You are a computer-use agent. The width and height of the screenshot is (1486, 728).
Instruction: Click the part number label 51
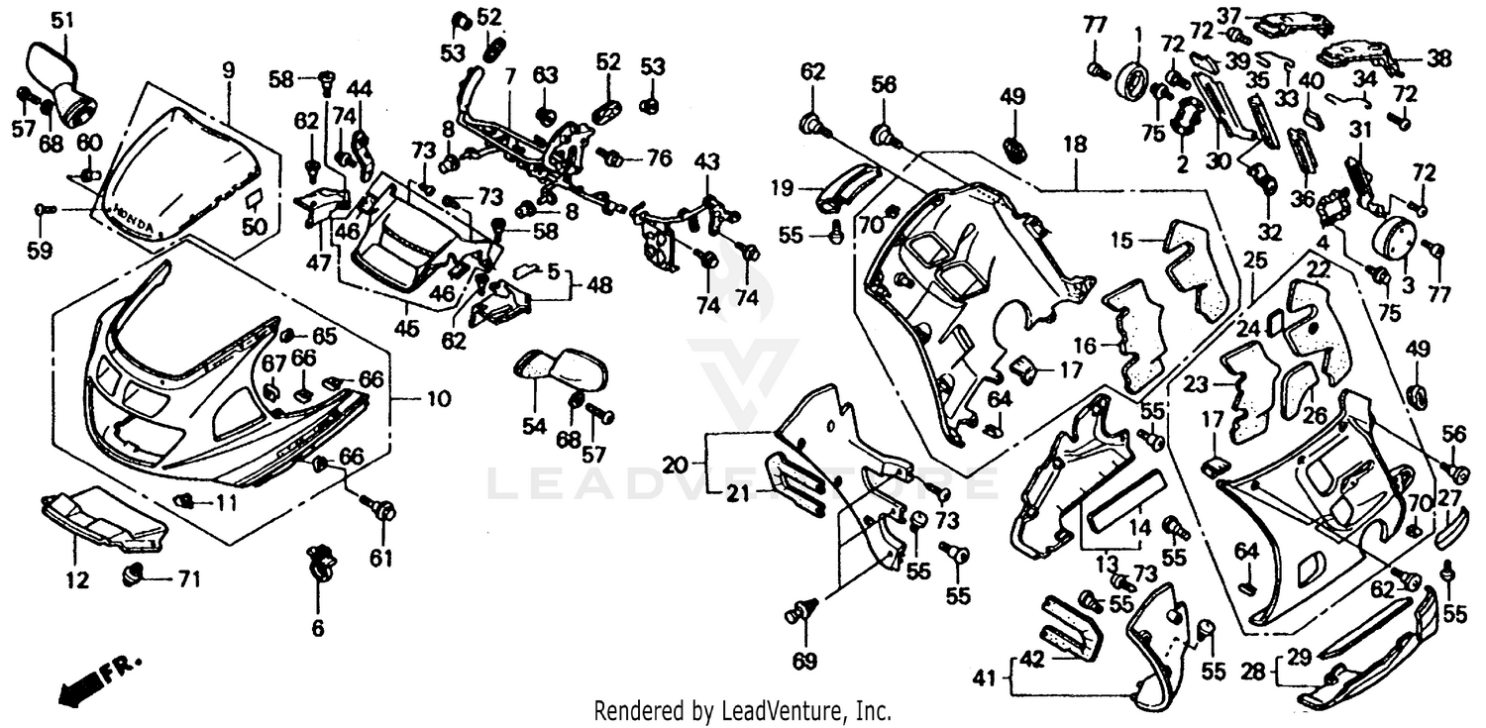pyautogui.click(x=62, y=20)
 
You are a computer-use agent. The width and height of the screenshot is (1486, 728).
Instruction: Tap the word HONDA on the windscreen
pyautogui.click(x=132, y=219)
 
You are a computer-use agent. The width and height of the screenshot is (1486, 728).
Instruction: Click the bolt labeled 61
pyautogui.click(x=383, y=512)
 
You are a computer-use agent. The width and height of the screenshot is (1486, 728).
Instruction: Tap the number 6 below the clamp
pyautogui.click(x=317, y=627)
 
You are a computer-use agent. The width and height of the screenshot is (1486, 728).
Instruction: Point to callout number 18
pyautogui.click(x=1075, y=144)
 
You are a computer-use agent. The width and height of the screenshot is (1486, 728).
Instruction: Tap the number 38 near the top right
pyautogui.click(x=1439, y=59)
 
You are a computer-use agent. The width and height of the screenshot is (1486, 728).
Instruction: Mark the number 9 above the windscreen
pyautogui.click(x=228, y=70)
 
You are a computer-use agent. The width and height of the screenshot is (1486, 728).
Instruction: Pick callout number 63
pyautogui.click(x=546, y=75)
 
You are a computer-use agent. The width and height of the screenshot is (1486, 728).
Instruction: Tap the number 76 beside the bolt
pyautogui.click(x=659, y=157)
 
